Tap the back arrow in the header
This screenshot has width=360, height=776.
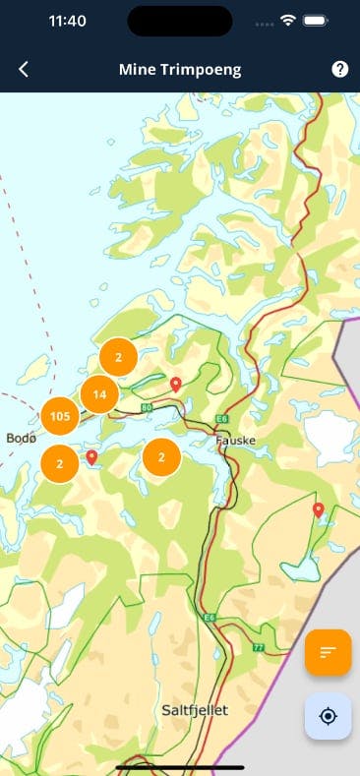[24, 69]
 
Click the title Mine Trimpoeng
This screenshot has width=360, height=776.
[180, 69]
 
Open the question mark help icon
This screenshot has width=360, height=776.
[339, 69]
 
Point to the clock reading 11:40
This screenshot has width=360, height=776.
[67, 21]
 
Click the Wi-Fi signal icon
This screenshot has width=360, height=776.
[288, 21]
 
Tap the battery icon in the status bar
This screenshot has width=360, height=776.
[317, 21]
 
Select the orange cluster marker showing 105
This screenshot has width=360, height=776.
[59, 417]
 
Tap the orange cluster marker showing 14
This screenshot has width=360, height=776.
[99, 395]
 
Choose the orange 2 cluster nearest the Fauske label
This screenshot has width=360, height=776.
[161, 456]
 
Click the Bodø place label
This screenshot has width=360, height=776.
[21, 438]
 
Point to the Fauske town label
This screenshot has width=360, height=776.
[234, 441]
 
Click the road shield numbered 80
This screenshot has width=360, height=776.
[147, 406]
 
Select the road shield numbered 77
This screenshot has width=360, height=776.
[258, 647]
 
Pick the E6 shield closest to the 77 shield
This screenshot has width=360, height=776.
[209, 618]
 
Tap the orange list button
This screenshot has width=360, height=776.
[328, 652]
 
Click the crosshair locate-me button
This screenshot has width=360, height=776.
[328, 715]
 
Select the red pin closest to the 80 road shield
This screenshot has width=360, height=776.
[176, 384]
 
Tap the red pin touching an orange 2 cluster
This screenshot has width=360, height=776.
[91, 457]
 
